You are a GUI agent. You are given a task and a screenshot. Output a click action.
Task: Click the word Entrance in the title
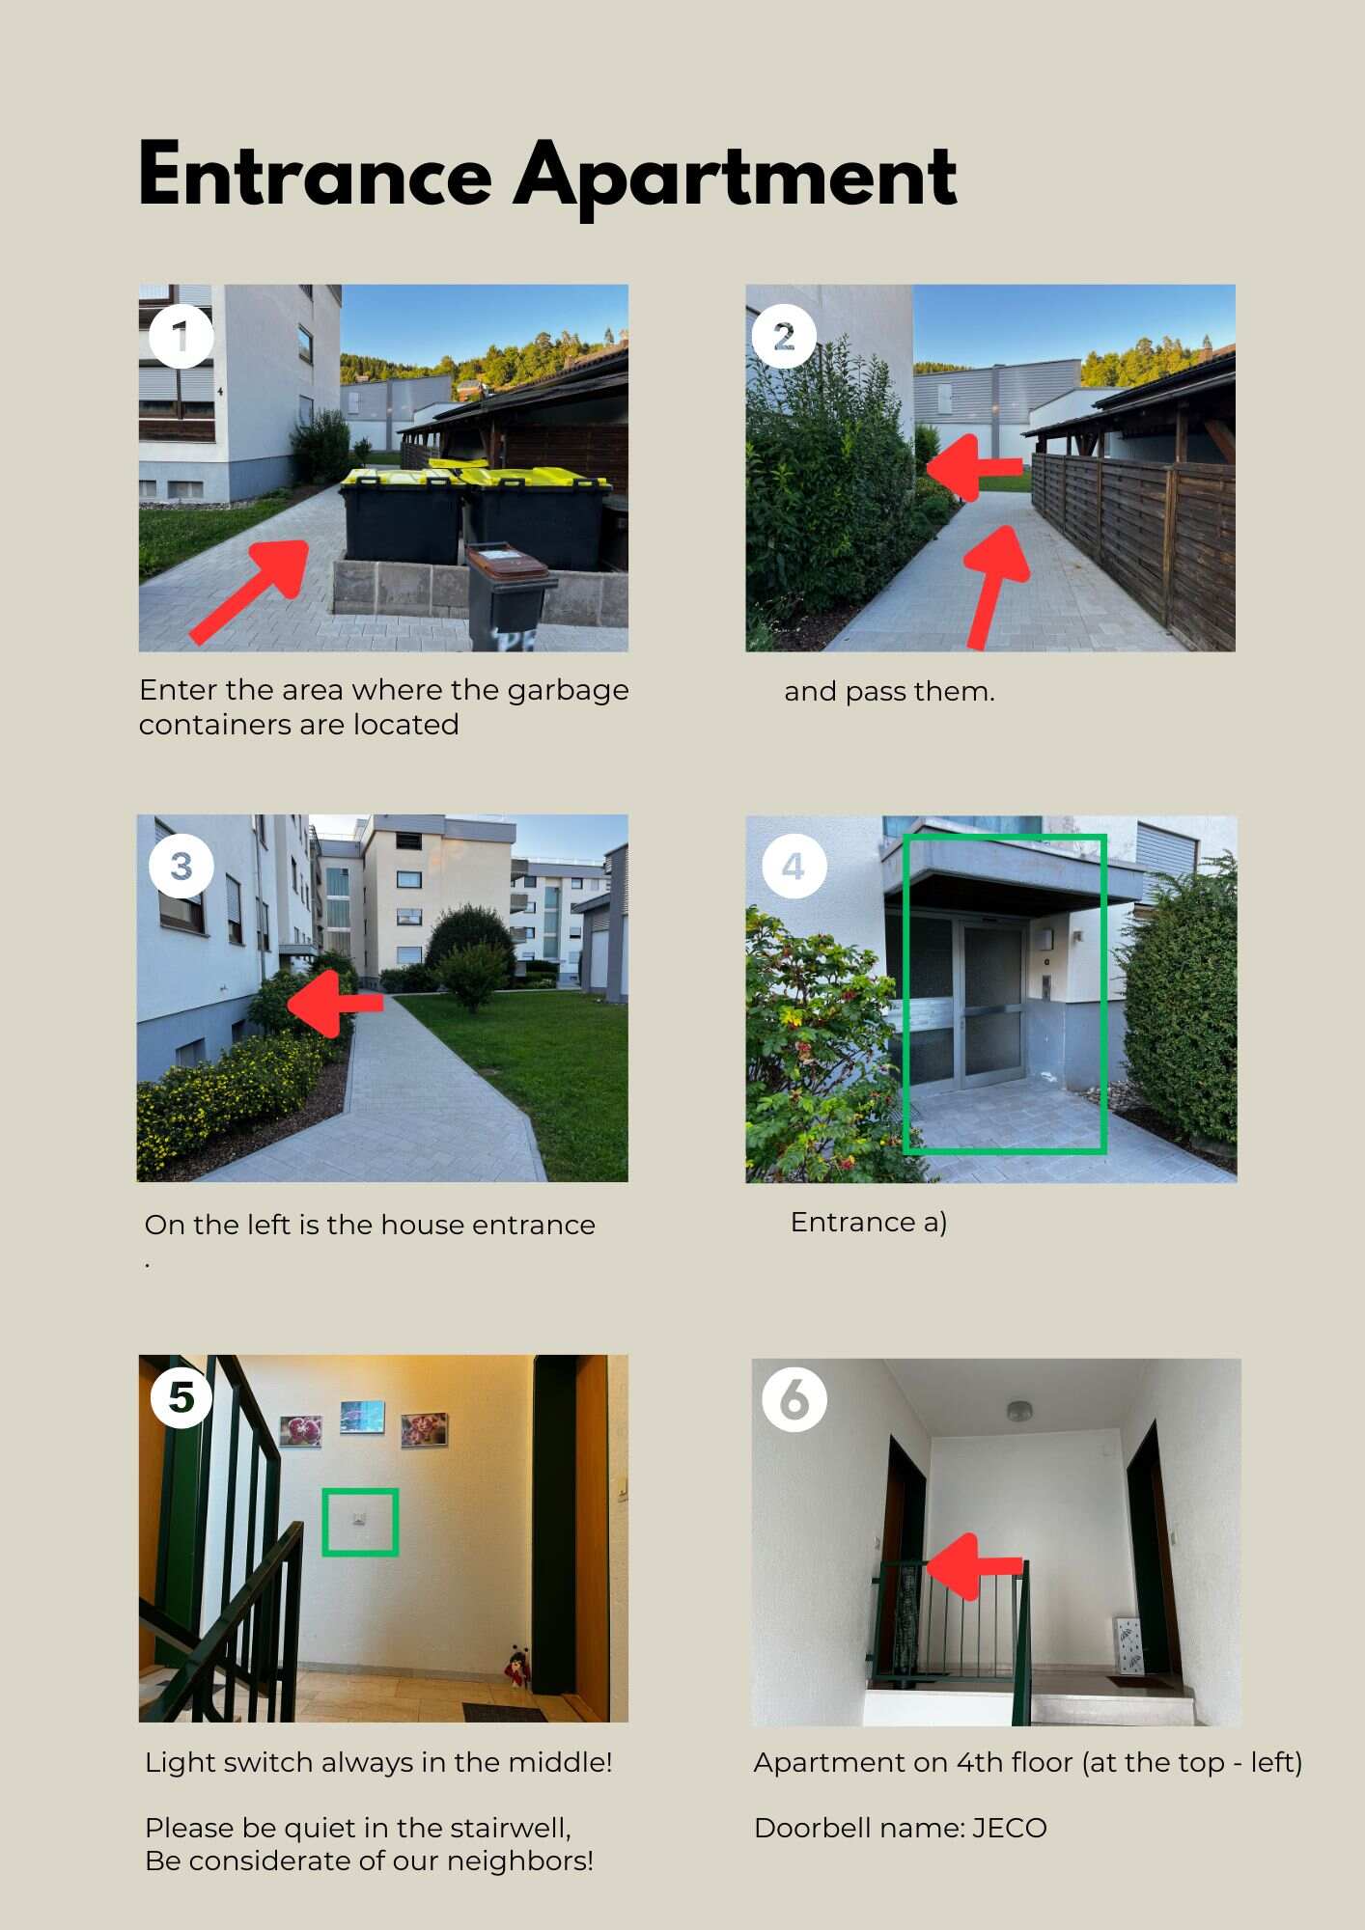click(316, 175)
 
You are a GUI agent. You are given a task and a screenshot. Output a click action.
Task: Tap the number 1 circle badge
click(181, 336)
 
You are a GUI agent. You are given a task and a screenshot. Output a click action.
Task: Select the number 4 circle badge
click(794, 867)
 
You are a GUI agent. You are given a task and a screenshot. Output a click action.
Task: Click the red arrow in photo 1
click(249, 591)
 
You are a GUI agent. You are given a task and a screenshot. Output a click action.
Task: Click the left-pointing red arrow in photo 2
click(974, 467)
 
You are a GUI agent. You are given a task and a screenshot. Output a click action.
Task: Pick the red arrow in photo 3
click(335, 1004)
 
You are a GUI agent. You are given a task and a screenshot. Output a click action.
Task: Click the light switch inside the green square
click(359, 1520)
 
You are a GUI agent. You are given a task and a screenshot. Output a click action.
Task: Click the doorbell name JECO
click(1009, 1828)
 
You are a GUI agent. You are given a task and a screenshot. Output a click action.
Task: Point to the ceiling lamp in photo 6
click(1019, 1412)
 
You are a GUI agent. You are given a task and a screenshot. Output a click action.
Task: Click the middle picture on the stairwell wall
click(363, 1418)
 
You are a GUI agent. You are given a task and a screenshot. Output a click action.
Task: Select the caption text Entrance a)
click(869, 1222)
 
